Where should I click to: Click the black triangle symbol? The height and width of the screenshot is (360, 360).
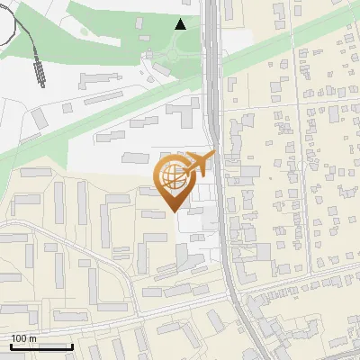[181, 24]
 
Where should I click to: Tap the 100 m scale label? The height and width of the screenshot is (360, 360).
[23, 338]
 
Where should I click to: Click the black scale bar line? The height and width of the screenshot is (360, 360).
[41, 346]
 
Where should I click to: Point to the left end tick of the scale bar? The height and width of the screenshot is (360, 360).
[11, 345]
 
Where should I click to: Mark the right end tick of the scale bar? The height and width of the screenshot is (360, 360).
[72, 345]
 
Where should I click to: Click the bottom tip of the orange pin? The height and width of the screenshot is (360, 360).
[175, 211]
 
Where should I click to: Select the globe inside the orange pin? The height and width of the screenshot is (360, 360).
[174, 176]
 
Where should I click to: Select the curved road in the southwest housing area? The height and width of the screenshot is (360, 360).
[90, 245]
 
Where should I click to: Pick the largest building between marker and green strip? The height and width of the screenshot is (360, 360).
[184, 112]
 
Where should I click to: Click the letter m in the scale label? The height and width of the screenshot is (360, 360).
[32, 338]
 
